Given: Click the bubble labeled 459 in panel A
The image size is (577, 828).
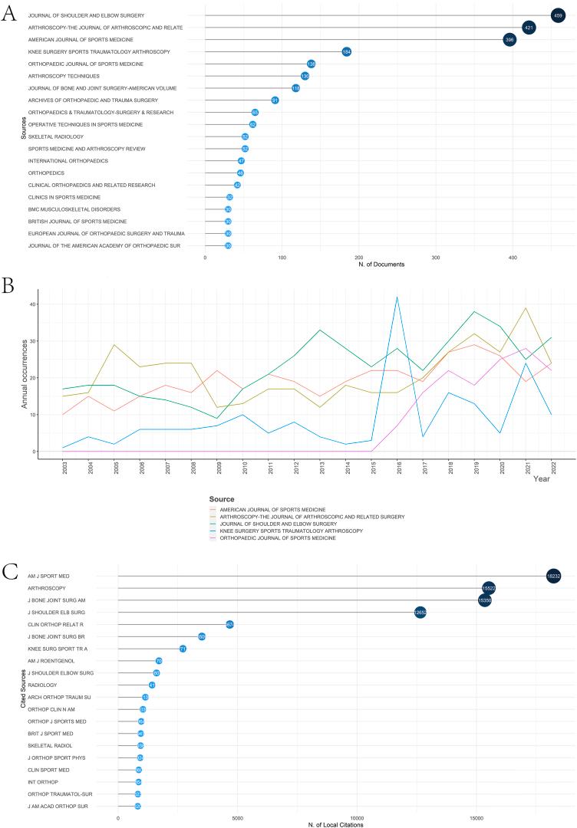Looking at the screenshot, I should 558,15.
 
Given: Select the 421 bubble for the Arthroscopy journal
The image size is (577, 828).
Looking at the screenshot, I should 529,28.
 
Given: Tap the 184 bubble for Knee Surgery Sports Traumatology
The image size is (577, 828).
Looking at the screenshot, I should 347,51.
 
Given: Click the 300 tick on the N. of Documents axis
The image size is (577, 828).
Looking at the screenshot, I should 436,258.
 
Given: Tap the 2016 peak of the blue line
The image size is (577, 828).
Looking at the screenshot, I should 397,297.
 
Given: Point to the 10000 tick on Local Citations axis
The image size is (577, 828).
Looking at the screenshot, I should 357,817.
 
